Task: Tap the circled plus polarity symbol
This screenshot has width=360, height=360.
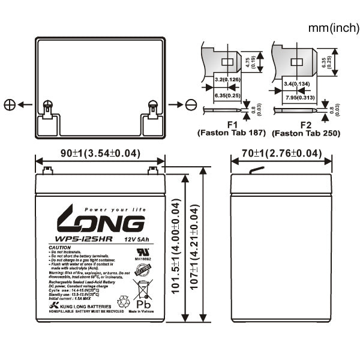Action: [10, 104]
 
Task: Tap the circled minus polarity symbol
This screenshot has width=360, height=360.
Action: [191, 104]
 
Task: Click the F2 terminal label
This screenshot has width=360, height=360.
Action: [305, 124]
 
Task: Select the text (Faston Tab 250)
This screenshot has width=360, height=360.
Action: [306, 133]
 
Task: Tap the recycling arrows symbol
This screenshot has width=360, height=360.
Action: [124, 299]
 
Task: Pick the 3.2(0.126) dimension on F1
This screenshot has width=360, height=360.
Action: [228, 78]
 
